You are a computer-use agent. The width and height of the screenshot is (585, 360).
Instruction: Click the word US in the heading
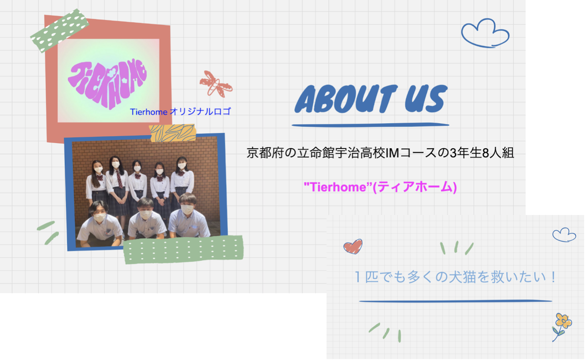426,99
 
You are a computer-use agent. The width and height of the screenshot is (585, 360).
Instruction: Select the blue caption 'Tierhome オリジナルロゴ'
180,112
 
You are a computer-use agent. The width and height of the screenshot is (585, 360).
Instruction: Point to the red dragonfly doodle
216,84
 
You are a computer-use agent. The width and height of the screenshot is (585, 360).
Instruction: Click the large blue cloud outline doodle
485,33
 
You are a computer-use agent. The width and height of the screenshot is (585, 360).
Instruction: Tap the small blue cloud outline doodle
564,235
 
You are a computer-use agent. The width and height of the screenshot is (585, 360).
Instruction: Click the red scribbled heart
353,246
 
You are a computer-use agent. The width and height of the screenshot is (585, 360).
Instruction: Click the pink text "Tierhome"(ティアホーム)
380,187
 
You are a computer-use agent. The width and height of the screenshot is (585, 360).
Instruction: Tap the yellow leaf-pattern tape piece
172,133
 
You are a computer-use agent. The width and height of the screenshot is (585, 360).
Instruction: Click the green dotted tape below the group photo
184,249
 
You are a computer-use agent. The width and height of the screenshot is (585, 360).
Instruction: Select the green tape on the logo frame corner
59,31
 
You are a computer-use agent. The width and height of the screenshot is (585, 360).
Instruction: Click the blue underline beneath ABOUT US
370,125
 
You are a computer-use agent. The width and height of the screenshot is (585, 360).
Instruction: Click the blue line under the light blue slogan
455,301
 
